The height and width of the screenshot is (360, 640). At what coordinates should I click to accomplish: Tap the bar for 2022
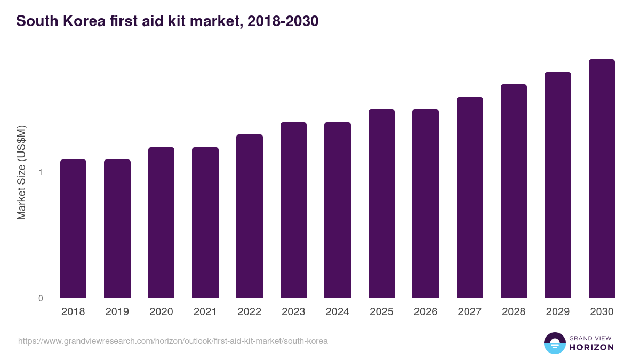[x=250, y=216]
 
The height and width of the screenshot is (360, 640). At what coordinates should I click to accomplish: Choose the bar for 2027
[x=470, y=197]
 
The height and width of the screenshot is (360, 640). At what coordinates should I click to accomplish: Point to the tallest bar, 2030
[x=602, y=178]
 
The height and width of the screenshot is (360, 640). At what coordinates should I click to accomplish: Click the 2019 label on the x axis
[x=117, y=312]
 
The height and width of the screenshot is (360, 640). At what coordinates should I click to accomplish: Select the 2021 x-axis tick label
[x=205, y=312]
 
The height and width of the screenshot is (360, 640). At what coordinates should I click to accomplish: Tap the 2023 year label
[x=293, y=312]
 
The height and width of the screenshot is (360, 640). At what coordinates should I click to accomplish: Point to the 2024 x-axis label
[x=338, y=312]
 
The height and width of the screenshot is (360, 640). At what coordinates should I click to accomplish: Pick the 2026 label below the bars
[x=426, y=312]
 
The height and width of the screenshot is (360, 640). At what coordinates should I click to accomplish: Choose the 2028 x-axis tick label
[x=514, y=312]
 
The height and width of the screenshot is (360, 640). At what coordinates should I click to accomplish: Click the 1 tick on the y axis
[x=41, y=172]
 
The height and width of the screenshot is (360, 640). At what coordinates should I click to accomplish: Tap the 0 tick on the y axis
[x=41, y=298]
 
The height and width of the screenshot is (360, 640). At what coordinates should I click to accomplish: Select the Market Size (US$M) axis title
[x=21, y=172]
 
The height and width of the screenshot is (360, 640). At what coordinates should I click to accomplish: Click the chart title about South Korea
[x=167, y=21]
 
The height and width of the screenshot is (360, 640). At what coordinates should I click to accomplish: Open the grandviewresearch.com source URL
[x=173, y=341]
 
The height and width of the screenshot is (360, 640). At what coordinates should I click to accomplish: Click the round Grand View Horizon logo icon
[x=555, y=343]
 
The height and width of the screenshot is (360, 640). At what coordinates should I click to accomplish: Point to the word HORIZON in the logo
[x=591, y=347]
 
